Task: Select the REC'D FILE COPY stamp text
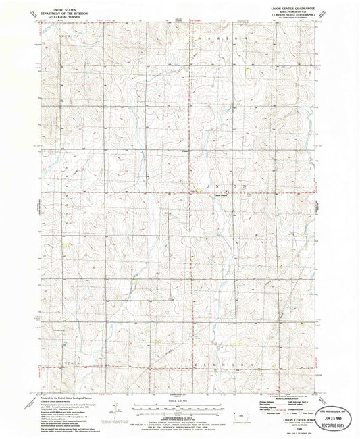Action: pos(336,427)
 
